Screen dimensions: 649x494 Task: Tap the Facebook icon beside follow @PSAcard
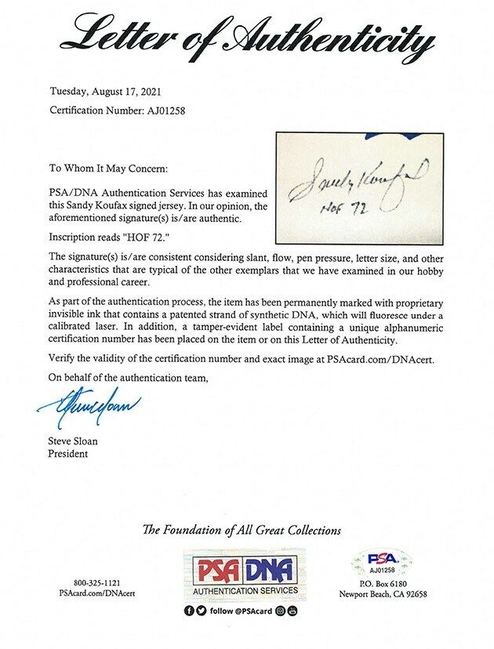[190, 611]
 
